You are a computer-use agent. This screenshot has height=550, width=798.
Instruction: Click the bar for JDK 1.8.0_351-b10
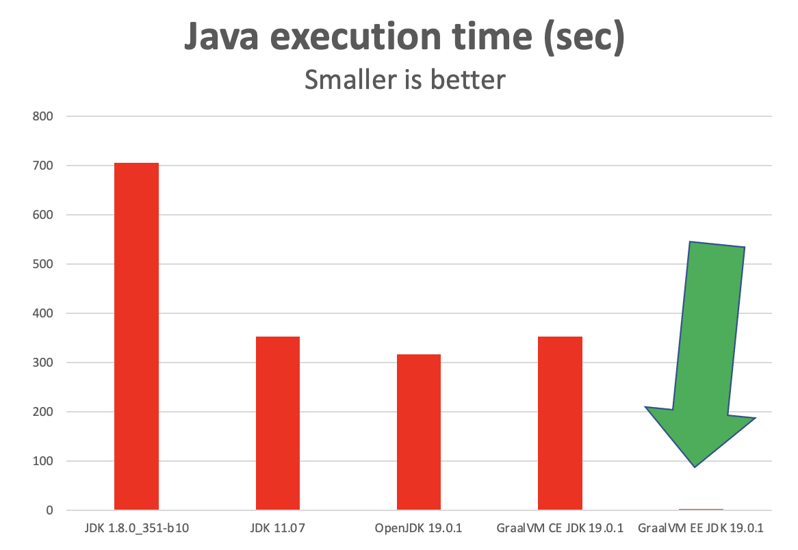[136, 336]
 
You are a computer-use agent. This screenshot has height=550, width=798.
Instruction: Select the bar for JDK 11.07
[278, 423]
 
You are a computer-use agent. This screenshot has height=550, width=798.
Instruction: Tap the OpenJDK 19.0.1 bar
[419, 432]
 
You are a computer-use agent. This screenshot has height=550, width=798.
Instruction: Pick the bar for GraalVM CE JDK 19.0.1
[560, 423]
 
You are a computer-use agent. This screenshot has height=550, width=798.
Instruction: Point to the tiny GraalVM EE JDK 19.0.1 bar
[701, 509]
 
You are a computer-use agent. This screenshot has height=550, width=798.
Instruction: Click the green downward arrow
[705, 342]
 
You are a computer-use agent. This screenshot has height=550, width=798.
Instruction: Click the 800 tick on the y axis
[42, 116]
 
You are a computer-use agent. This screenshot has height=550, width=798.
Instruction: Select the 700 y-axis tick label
[42, 166]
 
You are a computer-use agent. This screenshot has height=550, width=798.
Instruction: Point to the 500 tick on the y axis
[42, 264]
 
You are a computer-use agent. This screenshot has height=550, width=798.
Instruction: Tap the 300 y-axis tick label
[42, 363]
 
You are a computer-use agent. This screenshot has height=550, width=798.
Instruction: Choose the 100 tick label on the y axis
[42, 461]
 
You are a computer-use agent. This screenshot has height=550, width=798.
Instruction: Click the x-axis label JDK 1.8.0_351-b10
[136, 529]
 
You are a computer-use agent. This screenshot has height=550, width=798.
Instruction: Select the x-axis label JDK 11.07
[278, 529]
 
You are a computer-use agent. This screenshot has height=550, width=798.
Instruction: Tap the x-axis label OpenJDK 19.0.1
[419, 529]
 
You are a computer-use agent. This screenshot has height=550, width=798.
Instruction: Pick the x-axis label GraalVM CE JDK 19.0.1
[560, 529]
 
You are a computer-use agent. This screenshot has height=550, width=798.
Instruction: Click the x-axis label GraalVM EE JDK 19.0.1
[701, 529]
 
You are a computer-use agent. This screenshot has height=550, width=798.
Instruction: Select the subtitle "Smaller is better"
[404, 79]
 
